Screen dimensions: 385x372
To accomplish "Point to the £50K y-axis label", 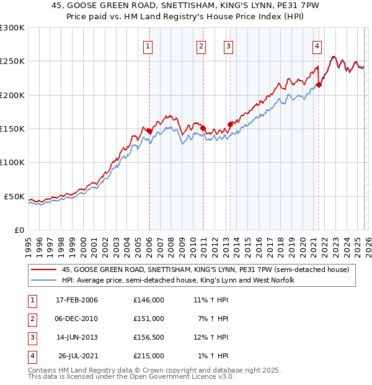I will pos(14,196).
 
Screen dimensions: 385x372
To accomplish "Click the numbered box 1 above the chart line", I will pos(149,45).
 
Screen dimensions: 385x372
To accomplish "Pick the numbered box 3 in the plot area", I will pos(228,45).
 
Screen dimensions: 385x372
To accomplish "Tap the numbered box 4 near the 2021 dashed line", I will pos(317,45).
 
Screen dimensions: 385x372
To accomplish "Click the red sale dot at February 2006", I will pos(149,131).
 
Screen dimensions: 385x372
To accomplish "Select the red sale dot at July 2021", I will pos(319,85).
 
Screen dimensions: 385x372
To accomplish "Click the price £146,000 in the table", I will pos(148,300).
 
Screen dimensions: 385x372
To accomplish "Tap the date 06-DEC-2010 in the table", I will pos(76,319).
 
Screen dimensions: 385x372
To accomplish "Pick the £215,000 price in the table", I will pos(148,356).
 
